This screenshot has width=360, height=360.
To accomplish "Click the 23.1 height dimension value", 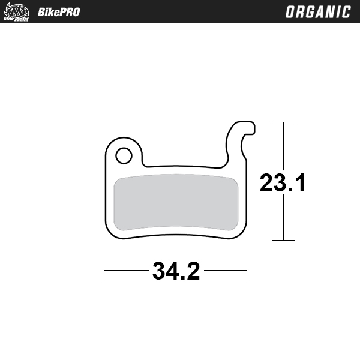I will click(283, 183).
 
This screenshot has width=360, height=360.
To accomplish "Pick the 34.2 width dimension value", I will click(176, 271).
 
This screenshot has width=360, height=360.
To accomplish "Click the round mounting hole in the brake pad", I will click(124, 156).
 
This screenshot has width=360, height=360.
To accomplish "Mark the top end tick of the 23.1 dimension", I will click(283, 122).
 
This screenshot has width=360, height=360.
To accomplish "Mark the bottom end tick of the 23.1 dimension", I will click(283, 240).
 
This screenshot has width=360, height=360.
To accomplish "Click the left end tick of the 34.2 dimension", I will click(104, 271).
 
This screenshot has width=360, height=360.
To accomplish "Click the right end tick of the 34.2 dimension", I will click(247, 271).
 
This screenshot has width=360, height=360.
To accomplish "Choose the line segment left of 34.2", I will click(127, 271).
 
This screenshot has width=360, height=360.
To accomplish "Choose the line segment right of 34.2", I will click(226, 271).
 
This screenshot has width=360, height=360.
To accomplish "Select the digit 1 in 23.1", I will click(300, 183).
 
